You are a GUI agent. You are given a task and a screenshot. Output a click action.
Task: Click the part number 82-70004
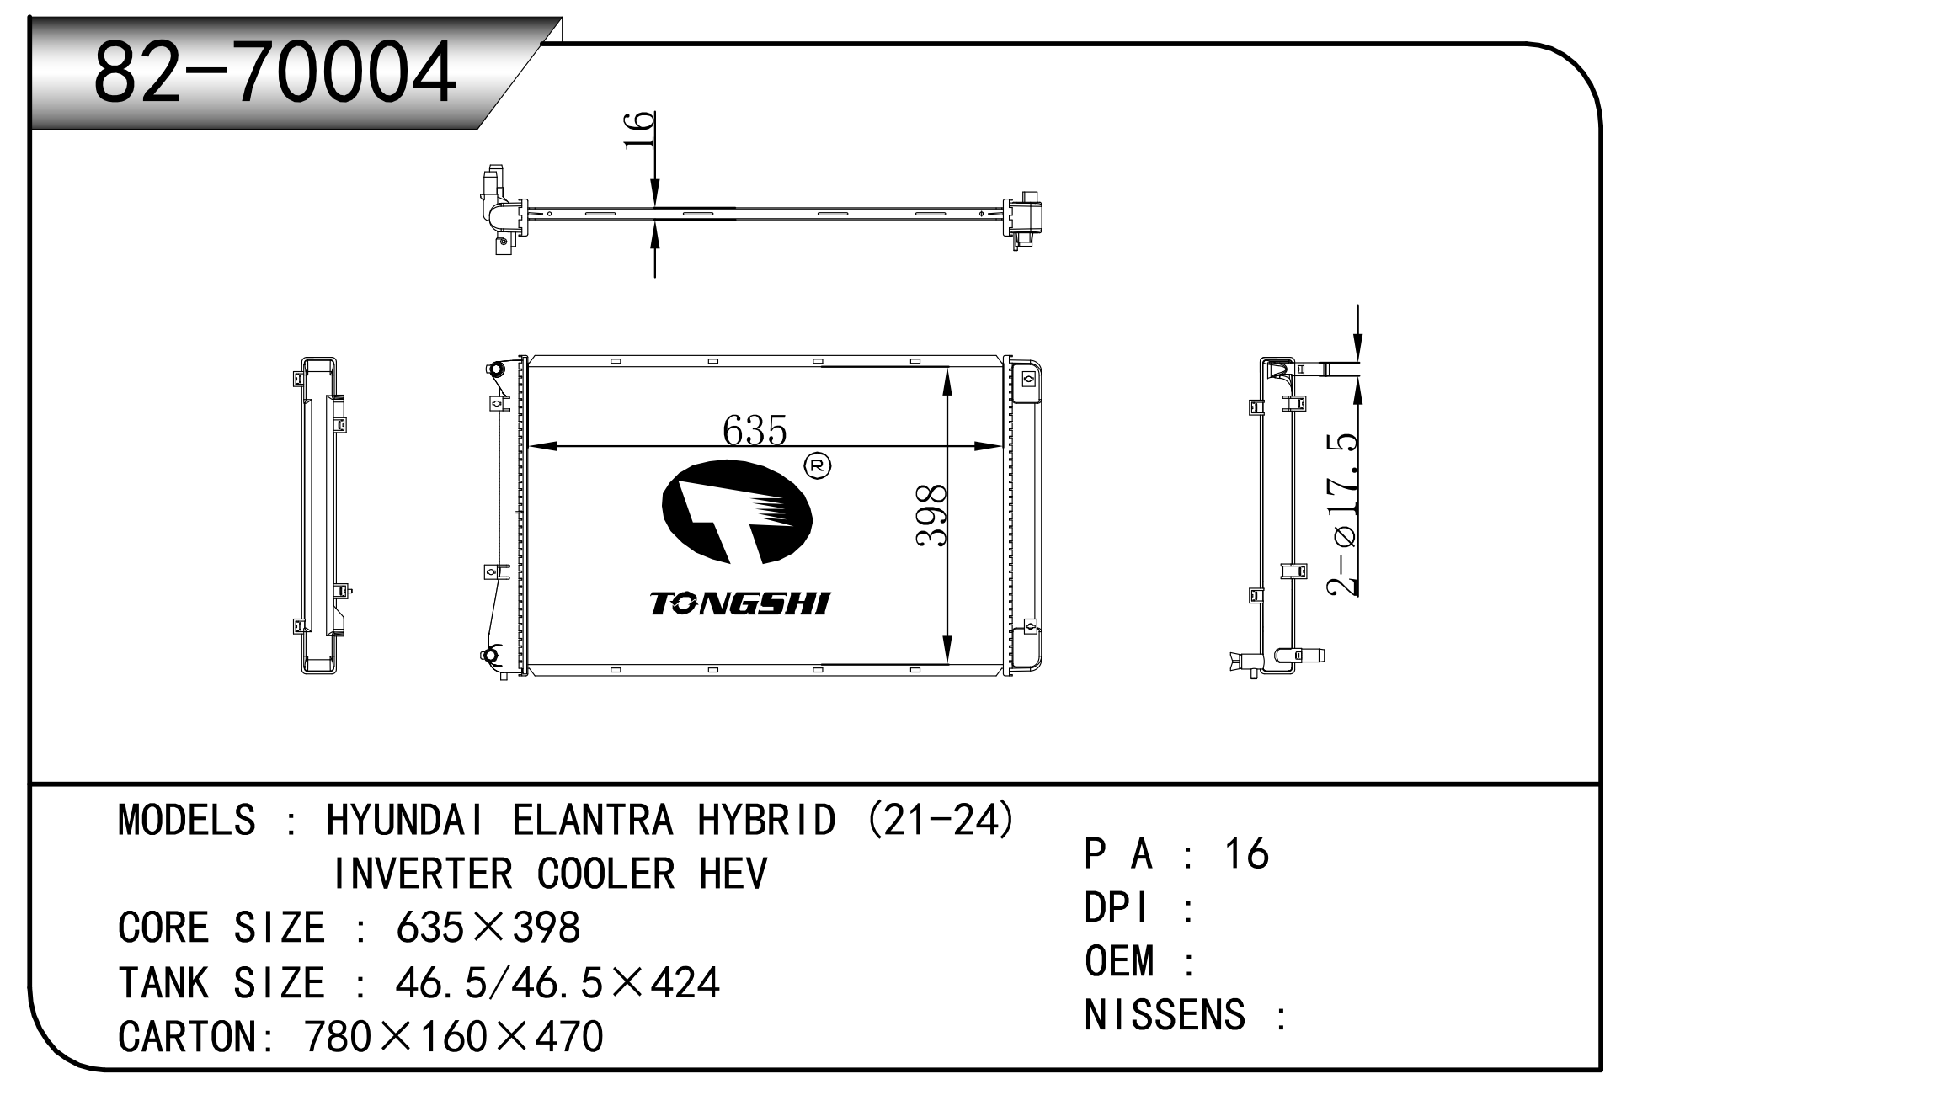click(275, 72)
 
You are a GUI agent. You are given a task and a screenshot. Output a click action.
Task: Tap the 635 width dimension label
click(755, 430)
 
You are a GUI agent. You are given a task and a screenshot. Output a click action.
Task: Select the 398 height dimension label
click(932, 515)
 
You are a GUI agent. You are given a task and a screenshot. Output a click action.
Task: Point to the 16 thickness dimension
click(639, 130)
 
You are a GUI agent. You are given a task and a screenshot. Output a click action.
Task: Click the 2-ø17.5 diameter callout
click(1342, 515)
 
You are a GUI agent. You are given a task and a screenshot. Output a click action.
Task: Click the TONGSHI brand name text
click(740, 603)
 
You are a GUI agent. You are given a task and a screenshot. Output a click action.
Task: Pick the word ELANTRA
click(593, 820)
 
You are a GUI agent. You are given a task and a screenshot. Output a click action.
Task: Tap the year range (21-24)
click(941, 820)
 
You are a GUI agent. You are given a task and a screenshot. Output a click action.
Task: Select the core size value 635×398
click(488, 928)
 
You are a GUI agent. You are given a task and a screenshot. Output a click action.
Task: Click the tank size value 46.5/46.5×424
click(557, 982)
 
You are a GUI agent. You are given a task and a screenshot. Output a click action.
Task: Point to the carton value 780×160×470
click(454, 1036)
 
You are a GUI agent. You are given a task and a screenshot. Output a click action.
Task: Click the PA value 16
click(1246, 853)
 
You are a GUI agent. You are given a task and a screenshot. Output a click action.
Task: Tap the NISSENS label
click(1165, 1015)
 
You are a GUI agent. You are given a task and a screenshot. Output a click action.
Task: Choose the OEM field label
click(1119, 961)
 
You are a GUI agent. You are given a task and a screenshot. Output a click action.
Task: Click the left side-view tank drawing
click(319, 515)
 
